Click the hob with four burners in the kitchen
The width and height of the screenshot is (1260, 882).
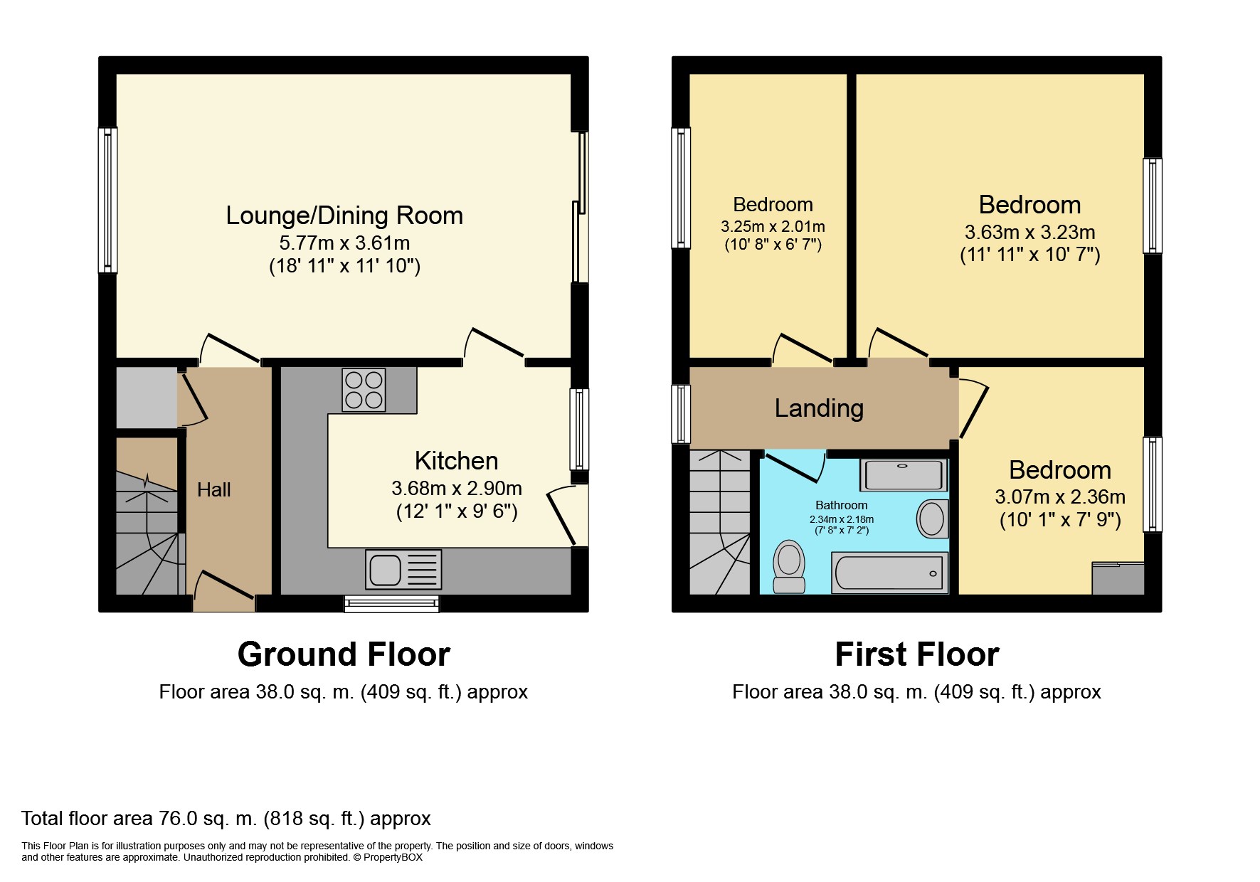tap(364, 390)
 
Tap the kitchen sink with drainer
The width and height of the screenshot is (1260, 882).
tap(403, 569)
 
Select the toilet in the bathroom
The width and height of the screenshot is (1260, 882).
tap(789, 566)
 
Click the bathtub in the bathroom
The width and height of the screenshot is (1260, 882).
tap(890, 573)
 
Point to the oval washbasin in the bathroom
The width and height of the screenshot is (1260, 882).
tap(932, 518)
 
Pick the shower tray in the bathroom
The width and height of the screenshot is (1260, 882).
tap(904, 474)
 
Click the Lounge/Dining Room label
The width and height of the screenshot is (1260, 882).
tap(344, 215)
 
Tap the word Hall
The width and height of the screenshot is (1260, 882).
tap(214, 489)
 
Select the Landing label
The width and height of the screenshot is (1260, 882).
tap(819, 408)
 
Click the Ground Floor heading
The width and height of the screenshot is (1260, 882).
tap(344, 654)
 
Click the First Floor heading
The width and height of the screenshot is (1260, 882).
tap(917, 654)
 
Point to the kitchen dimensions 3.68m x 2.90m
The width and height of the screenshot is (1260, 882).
tap(457, 489)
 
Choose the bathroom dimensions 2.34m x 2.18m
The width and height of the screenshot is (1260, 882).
tap(842, 519)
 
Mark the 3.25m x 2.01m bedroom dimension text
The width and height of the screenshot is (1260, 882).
tap(773, 227)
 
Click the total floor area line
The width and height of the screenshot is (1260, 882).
tap(226, 819)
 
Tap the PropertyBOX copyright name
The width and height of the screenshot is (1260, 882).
tap(393, 857)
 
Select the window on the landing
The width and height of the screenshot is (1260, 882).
tap(681, 414)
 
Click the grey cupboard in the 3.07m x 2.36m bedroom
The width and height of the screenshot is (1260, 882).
tap(1118, 578)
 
